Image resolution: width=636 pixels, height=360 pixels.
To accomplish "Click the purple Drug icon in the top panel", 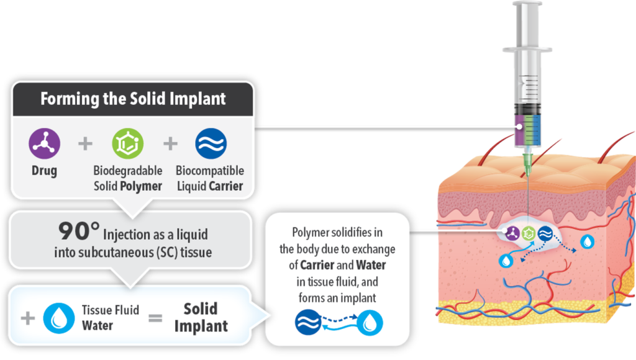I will click(44, 143).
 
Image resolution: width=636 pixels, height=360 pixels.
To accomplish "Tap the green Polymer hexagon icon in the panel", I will click(127, 143).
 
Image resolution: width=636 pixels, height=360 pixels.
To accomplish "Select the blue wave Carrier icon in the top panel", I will click(211, 143).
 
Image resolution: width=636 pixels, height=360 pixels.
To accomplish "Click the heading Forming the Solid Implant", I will click(133, 99).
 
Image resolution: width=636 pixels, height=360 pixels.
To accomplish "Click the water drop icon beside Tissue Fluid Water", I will click(59, 318).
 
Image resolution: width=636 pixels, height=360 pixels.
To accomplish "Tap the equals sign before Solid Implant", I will click(155, 318).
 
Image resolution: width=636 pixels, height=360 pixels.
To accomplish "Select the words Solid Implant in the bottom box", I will click(201, 317).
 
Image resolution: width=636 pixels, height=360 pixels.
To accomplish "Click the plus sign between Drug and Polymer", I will click(85, 144).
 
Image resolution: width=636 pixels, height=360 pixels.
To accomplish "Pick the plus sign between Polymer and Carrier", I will click(170, 144).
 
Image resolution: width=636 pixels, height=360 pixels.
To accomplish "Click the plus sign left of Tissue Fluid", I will click(27, 318).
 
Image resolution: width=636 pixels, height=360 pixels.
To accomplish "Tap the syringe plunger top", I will click(532, 4).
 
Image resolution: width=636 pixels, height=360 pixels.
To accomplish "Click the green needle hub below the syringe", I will click(528, 163).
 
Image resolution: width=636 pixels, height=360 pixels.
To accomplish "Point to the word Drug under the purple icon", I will click(44, 171).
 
